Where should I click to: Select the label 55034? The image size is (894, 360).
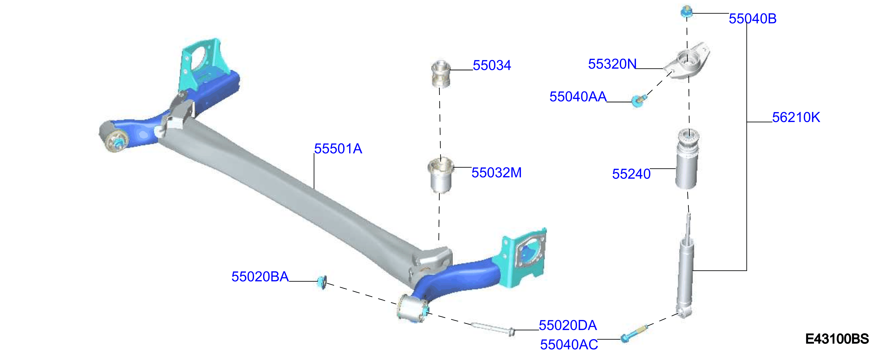pyautogui.click(x=492, y=65)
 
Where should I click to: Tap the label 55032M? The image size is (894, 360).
pyautogui.click(x=496, y=172)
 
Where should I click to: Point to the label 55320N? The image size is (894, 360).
pyautogui.click(x=612, y=64)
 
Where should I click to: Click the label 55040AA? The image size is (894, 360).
pyautogui.click(x=578, y=97)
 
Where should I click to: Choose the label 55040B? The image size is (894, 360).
pyautogui.click(x=752, y=19)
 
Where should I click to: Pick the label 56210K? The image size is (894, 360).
pyautogui.click(x=796, y=117)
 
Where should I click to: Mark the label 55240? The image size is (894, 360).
pyautogui.click(x=631, y=174)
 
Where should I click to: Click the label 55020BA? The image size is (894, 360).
pyautogui.click(x=260, y=277)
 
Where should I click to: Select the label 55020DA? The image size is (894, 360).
pyautogui.click(x=568, y=325)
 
